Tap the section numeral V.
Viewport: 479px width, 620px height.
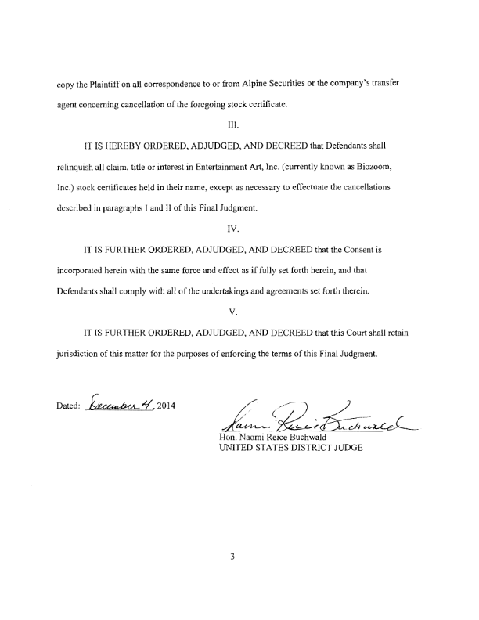239,297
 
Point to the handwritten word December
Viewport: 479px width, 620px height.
113,406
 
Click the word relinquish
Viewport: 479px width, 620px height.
77,168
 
